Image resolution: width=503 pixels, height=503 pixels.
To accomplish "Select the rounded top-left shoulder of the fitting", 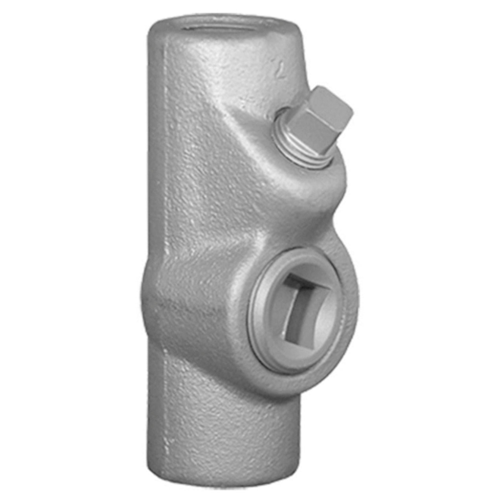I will tap(155, 29).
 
